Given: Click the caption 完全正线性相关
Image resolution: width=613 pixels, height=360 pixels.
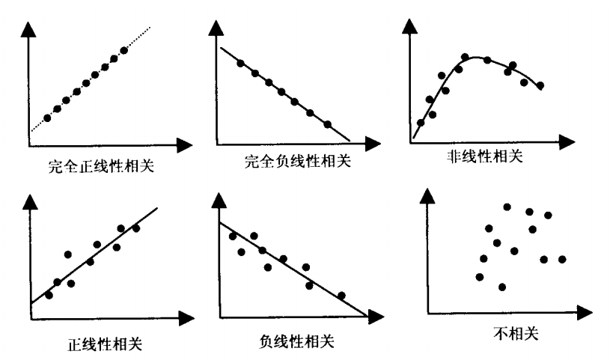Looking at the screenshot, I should point(100,166).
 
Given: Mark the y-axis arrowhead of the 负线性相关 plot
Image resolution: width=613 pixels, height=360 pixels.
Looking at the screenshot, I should point(218,200).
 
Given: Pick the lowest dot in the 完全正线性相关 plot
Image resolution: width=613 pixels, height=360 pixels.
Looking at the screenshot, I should point(48,118).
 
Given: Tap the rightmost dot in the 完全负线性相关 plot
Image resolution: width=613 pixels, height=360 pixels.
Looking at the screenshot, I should point(327,124).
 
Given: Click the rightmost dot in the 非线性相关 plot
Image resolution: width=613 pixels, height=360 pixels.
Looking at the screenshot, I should point(540,86).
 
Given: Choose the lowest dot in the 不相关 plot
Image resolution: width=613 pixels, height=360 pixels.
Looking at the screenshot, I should point(501,287).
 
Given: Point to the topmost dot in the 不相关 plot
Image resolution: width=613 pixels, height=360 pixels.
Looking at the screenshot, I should point(507,207).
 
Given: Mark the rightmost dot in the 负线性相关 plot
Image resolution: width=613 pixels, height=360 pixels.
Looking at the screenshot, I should point(341,295).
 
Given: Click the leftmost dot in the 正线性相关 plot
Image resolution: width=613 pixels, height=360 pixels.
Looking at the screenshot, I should point(49,295).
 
